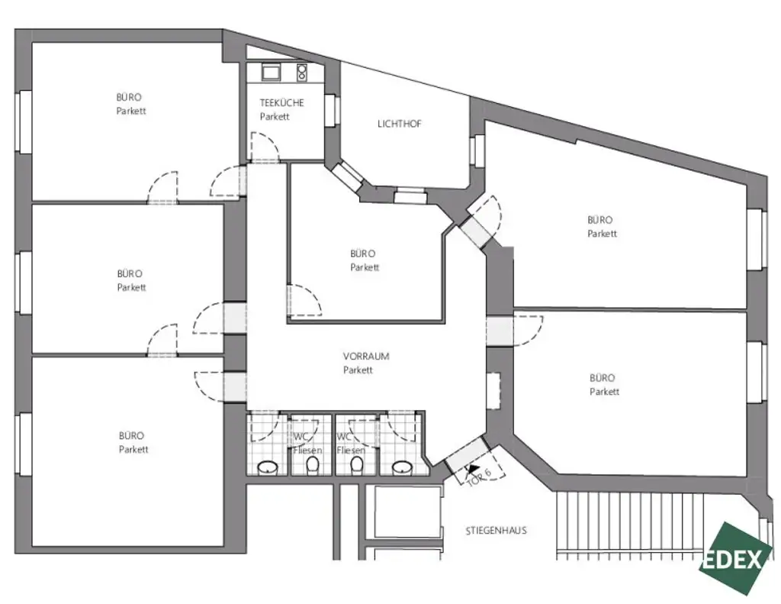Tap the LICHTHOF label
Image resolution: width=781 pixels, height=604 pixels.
(399, 124)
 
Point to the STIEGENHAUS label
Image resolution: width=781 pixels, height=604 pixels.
(496, 531)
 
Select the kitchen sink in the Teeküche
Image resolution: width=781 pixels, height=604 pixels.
(272, 72)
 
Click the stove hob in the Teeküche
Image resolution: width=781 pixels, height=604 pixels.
(302, 73)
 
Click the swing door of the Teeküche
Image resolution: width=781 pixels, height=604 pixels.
(264, 147)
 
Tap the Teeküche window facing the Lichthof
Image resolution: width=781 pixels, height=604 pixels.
(331, 109)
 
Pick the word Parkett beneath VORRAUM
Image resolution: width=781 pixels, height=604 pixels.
(358, 370)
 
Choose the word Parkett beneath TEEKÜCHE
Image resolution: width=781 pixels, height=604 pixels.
(274, 117)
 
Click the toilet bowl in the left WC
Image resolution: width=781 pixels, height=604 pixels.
(310, 469)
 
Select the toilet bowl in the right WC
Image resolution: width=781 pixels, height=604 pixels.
(355, 469)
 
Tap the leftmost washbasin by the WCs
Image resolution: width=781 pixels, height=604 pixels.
(267, 467)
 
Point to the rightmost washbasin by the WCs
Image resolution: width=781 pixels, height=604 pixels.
(401, 467)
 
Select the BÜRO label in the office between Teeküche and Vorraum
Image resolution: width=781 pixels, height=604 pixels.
(362, 254)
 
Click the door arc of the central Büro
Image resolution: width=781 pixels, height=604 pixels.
(305, 299)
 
